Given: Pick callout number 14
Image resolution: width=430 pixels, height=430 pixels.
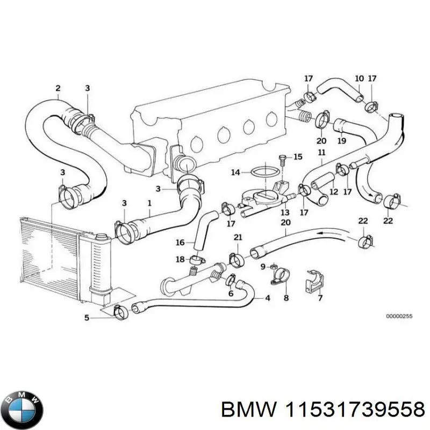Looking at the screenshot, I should tap(235, 173).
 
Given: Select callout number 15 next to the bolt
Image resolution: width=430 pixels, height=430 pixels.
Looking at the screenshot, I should tap(298, 157).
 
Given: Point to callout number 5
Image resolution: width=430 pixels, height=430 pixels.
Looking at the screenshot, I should tap(87, 318).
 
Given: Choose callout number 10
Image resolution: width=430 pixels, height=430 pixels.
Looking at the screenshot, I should tap(359, 78).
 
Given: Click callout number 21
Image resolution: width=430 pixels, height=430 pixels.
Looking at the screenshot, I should tap(238, 238).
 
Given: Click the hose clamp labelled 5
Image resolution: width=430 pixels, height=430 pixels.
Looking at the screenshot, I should tap(121, 311).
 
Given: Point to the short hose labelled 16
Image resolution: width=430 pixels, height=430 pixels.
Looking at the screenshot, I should tap(205, 231).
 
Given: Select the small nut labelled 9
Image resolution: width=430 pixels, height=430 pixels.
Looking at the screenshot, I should tap(274, 266).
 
